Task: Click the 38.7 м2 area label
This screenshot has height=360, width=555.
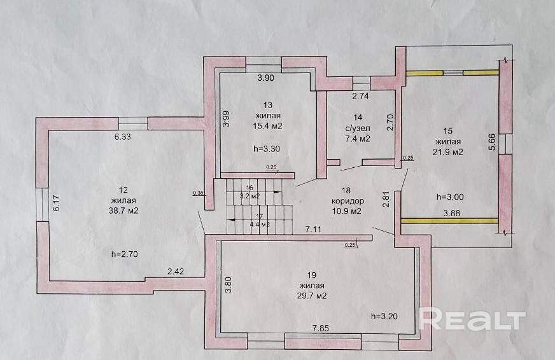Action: (x=124, y=211)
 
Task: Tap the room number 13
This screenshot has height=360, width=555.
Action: (x=268, y=104)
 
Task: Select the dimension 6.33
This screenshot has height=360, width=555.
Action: (x=123, y=136)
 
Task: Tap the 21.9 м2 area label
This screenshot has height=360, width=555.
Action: (x=449, y=152)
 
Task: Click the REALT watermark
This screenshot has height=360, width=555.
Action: (x=474, y=319)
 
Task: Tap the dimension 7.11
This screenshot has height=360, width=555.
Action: (x=313, y=228)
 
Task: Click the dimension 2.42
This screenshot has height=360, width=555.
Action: (x=176, y=272)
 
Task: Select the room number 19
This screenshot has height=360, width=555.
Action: (x=311, y=275)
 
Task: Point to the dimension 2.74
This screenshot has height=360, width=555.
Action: (x=362, y=96)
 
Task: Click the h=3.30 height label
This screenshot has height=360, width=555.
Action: (x=267, y=149)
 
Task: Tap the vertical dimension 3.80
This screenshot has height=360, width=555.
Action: (x=227, y=284)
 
